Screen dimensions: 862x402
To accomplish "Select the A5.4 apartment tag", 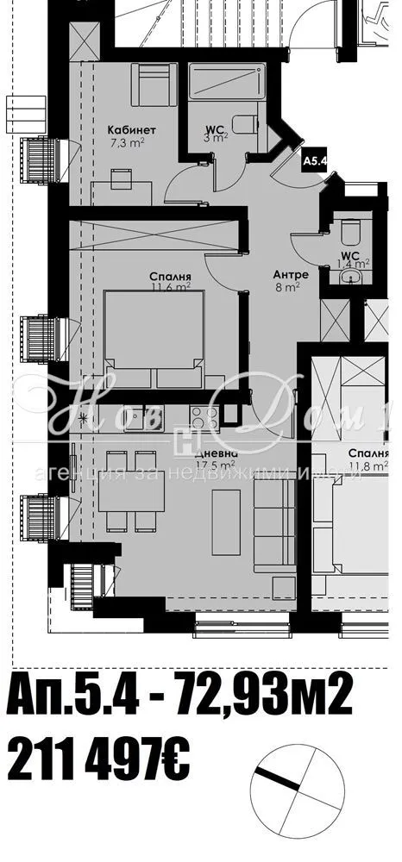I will click(312, 159).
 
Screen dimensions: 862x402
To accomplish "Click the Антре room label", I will click(286, 275).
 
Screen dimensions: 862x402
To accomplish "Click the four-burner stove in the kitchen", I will click(204, 418).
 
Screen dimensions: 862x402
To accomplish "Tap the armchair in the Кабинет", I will click(155, 84).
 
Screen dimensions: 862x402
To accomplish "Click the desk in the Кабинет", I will click(121, 187).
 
